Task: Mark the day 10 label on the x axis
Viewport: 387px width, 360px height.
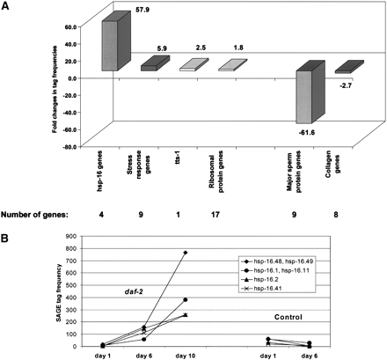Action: tap(186, 355)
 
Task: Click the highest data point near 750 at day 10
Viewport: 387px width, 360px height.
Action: tap(186, 253)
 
